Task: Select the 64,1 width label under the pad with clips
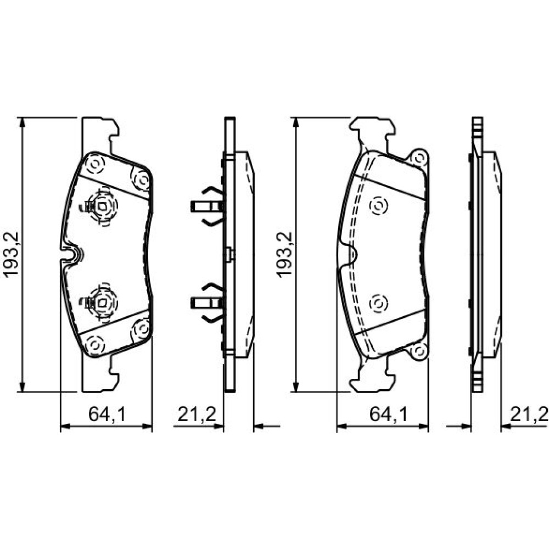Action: pos(107,414)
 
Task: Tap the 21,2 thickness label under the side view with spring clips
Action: pos(196,414)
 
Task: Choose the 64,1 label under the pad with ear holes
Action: pos(389,415)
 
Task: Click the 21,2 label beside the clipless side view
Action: pos(528,414)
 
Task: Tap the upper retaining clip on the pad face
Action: pos(100,206)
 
